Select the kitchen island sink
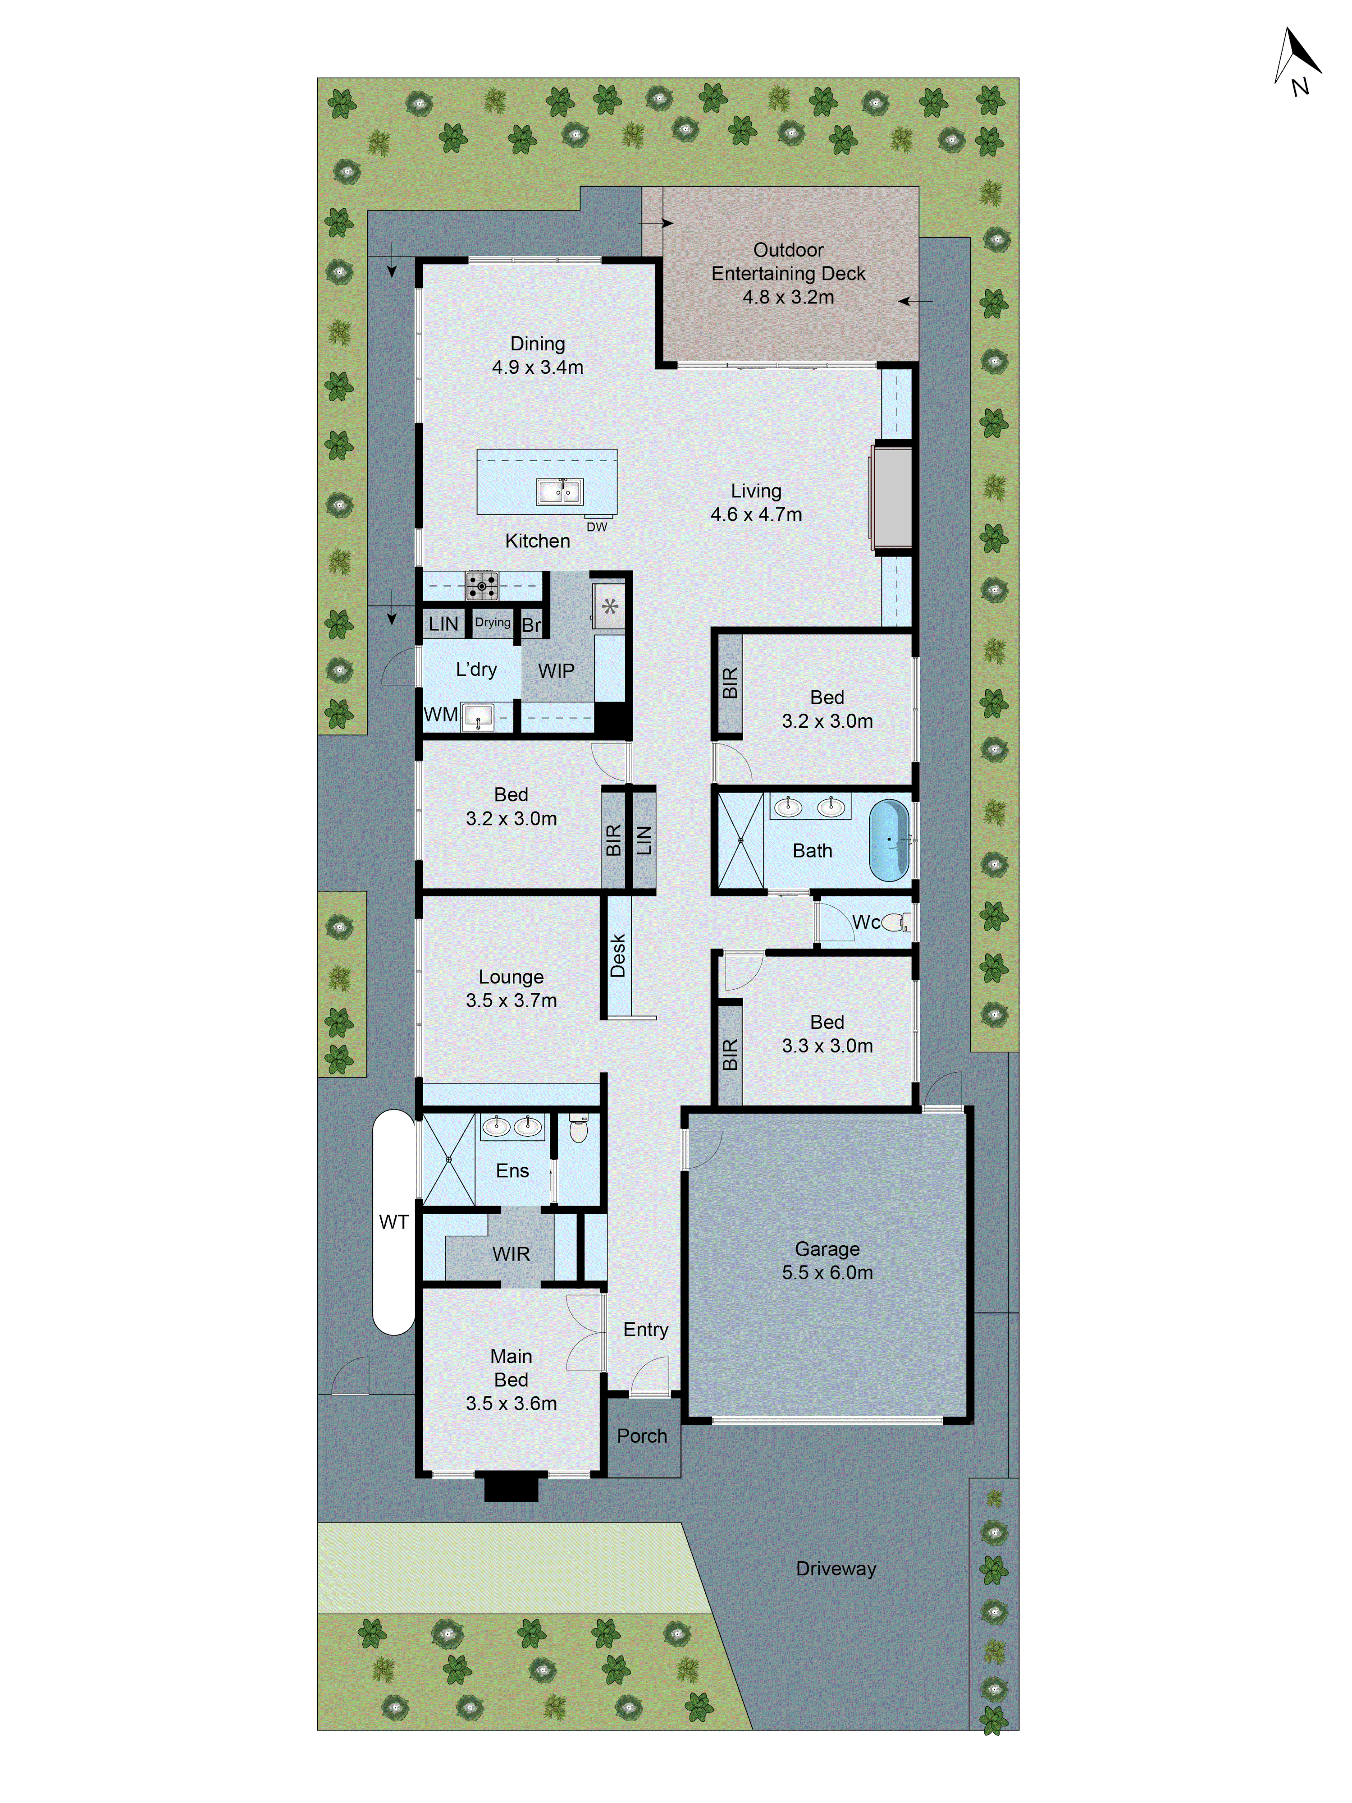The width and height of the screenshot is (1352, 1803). [559, 491]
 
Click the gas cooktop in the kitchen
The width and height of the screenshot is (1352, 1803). [482, 585]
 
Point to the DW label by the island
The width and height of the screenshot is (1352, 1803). [597, 528]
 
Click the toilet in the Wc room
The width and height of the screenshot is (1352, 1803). [896, 922]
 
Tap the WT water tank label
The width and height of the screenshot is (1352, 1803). [393, 1222]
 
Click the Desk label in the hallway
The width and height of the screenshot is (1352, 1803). [618, 955]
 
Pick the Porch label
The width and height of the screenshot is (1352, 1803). [641, 1436]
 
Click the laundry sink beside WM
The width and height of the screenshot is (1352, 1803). [478, 717]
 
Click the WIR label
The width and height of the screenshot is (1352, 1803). [511, 1253]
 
